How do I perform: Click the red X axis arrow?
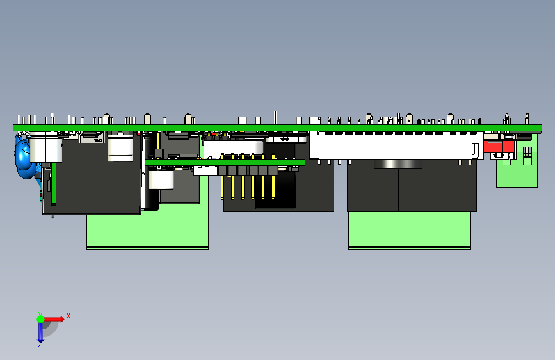tap(54, 318)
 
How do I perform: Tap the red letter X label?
tap(68, 316)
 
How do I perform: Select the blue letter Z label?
tap(40, 345)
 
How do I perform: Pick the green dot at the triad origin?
tap(40, 318)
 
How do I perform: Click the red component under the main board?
tap(500, 147)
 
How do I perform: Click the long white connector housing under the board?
tap(384, 147)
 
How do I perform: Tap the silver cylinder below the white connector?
tap(398, 165)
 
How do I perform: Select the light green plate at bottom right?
tap(410, 230)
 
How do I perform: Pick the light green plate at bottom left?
tap(147, 231)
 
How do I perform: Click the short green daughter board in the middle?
tap(224, 163)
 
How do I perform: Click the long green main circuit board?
tap(256, 127)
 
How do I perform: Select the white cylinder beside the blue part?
tap(46, 151)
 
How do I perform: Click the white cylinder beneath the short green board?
tap(161, 178)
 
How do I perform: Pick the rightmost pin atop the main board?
tap(527, 119)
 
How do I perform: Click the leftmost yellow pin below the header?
tap(222, 186)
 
